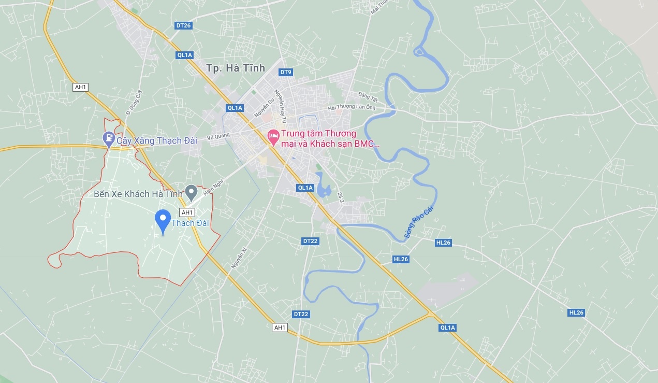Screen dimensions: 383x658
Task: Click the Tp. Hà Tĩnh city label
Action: pyautogui.click(x=235, y=68)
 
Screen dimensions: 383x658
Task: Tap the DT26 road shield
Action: pyautogui.click(x=183, y=25)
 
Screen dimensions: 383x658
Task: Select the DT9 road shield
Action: pyautogui.click(x=286, y=72)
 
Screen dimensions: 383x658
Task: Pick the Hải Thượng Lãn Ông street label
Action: pyautogui.click(x=357, y=108)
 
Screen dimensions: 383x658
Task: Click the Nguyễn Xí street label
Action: pyautogui.click(x=239, y=258)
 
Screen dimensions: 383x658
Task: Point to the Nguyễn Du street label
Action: pyautogui.click(x=262, y=108)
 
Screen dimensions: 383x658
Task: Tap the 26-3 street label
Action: pyautogui.click(x=340, y=197)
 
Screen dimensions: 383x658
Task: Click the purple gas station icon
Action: pyautogui.click(x=109, y=138)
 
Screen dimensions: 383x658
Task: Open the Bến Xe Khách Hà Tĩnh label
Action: pyautogui.click(x=139, y=194)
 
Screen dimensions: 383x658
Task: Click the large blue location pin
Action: pyautogui.click(x=163, y=220)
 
